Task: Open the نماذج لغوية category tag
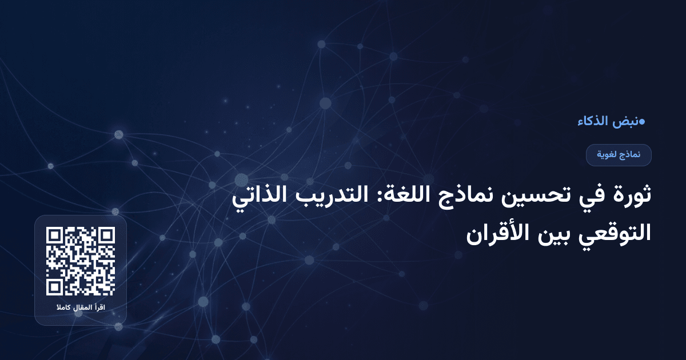tap(619, 155)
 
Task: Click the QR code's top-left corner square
tap(54, 235)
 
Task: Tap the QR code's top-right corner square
tap(107, 235)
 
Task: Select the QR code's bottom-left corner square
tap(54, 287)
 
